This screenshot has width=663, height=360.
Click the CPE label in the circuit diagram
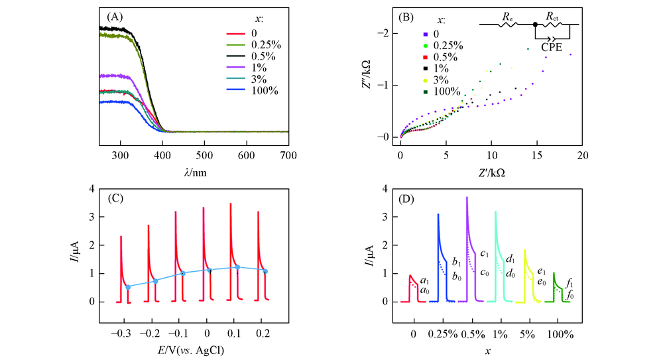click(552, 47)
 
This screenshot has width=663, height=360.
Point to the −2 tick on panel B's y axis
click(387, 34)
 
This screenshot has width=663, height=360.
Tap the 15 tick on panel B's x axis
click(536, 154)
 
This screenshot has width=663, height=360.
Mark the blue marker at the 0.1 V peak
click(237, 267)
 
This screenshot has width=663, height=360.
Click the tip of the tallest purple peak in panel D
click(467, 197)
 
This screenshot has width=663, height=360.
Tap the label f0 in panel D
click(570, 296)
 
